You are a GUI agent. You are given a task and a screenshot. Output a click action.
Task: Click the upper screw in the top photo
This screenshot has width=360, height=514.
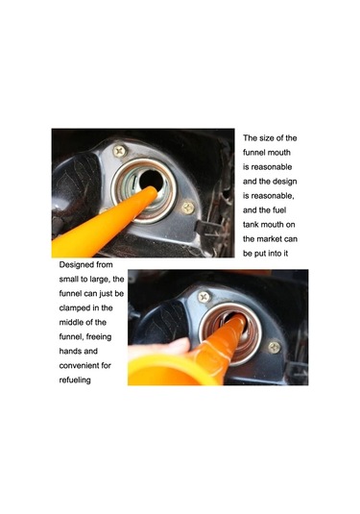coord(120,151)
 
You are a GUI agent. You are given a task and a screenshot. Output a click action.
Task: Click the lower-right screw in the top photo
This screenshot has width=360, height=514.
coord(188,208)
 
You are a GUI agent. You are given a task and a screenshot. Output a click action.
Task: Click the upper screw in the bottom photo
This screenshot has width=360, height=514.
coord(204,297)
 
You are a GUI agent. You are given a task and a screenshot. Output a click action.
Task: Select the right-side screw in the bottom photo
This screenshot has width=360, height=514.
coord(275,348)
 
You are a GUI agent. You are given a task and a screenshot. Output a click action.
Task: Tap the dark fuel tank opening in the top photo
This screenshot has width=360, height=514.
coord(152,180)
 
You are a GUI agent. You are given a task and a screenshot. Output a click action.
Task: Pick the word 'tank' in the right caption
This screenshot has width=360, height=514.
coord(251,225)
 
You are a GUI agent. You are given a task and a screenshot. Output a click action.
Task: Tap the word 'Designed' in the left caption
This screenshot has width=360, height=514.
coord(72,265)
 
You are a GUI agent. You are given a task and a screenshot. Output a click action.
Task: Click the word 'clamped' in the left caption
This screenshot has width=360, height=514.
coord(74,308)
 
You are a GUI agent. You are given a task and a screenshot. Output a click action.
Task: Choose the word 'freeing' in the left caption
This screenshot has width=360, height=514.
coord(99,337)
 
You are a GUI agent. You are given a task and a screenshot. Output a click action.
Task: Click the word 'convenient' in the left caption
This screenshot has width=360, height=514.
coord(79,365)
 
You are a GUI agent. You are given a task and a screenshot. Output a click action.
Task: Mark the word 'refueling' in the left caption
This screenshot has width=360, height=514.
coord(75,380)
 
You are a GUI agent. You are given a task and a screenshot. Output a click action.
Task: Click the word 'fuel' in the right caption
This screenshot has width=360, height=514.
coord(278,210)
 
